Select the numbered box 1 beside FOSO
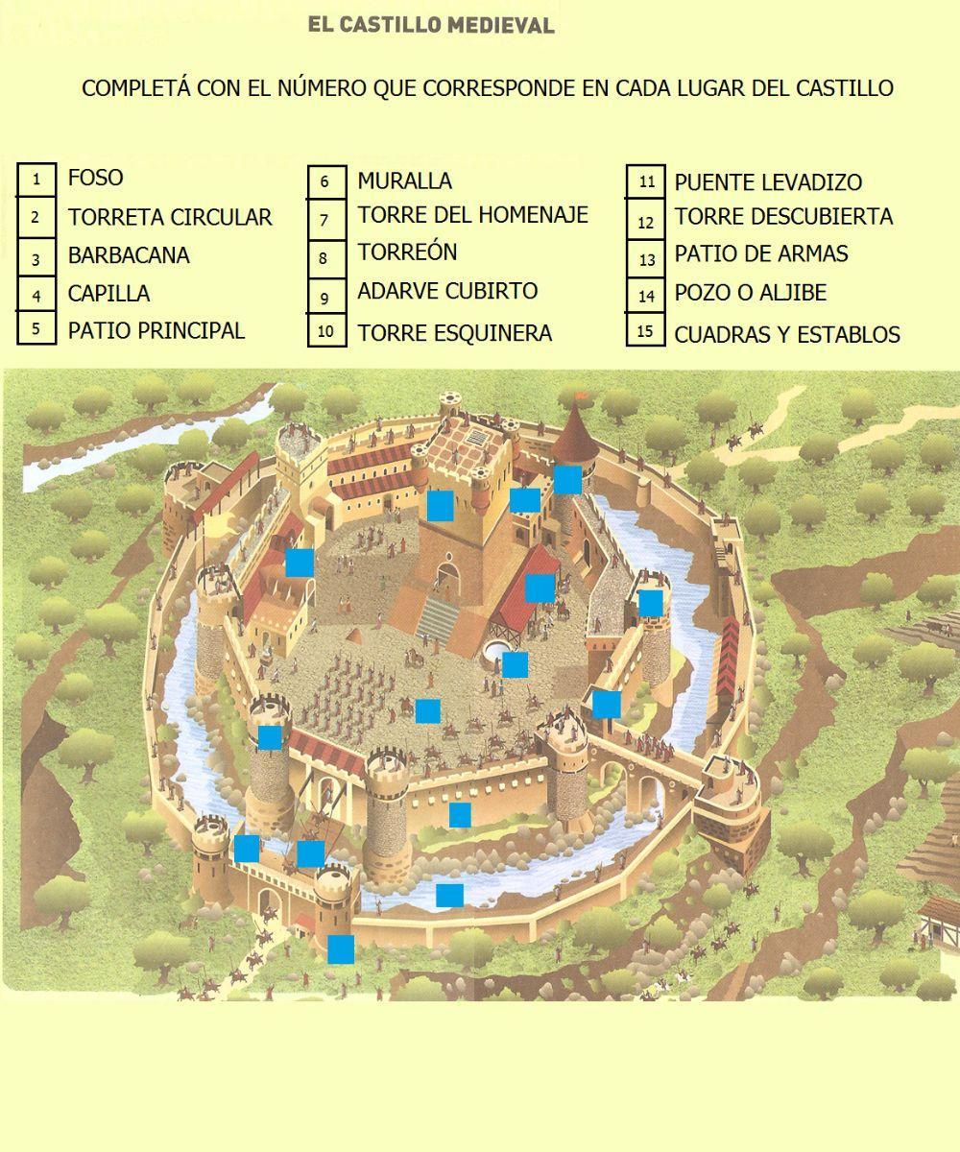coord(36,179)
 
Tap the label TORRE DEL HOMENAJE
coord(472,215)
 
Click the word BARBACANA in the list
coord(129,256)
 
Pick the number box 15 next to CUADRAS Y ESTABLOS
coord(646,331)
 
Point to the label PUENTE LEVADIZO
coord(768,182)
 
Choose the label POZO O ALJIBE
coord(750,293)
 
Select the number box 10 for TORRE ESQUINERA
coord(325,332)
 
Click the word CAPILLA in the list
coord(108,294)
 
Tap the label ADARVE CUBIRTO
coord(447,291)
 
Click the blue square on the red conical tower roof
coord(567,479)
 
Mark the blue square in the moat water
coord(449,895)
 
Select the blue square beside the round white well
coord(516,664)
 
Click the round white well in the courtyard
coord(495,651)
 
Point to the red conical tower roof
coord(576,432)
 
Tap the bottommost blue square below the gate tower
coord(341,949)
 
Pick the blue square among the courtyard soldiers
coord(427,710)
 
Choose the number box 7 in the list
coord(324,220)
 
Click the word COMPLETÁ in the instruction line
coord(135,88)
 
